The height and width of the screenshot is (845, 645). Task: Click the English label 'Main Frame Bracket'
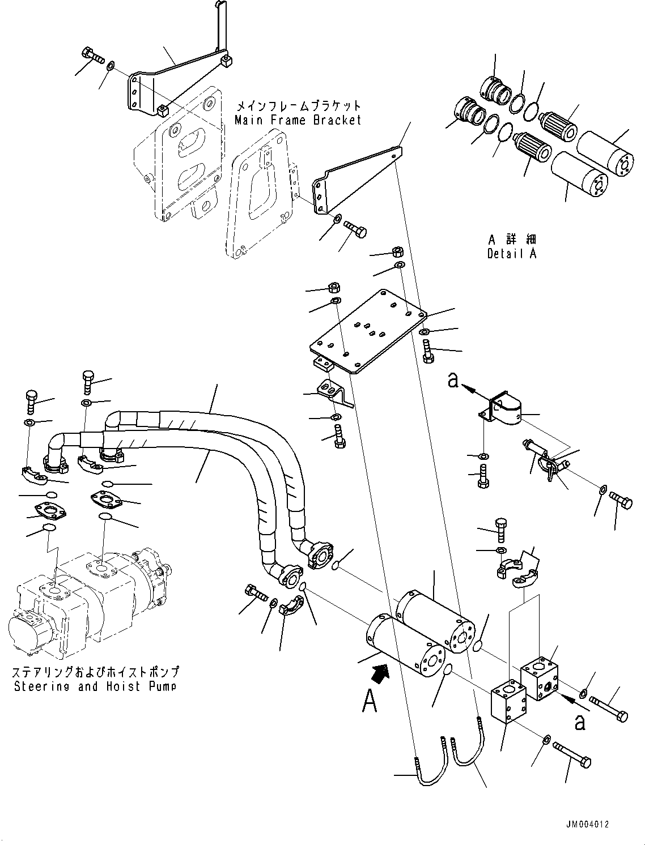pyautogui.click(x=298, y=120)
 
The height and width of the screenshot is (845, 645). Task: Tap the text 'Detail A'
pyautogui.click(x=511, y=254)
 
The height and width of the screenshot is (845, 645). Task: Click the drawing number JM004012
pyautogui.click(x=586, y=825)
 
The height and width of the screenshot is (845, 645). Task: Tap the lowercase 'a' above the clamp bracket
pyautogui.click(x=453, y=381)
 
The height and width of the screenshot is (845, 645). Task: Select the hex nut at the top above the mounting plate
pyautogui.click(x=398, y=251)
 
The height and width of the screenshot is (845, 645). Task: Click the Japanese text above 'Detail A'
pyautogui.click(x=511, y=240)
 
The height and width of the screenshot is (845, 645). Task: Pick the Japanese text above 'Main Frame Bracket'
pyautogui.click(x=298, y=106)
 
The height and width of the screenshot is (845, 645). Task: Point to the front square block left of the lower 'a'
pyautogui.click(x=507, y=702)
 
